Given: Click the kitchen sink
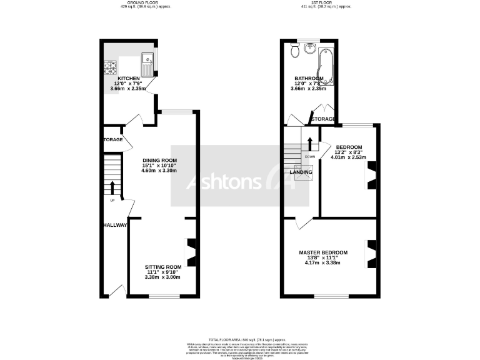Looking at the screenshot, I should point(147,61).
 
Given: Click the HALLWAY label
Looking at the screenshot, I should point(115,225).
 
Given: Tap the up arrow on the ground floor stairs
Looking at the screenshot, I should point(112,187).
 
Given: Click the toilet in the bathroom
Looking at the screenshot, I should point(293,52).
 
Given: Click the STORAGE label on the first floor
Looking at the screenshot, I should point(323,119).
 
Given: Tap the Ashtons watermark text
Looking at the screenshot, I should point(225,182).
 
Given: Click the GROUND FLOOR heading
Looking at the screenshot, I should point(144,3).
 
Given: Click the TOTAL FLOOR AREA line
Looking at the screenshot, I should point(240,338).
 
